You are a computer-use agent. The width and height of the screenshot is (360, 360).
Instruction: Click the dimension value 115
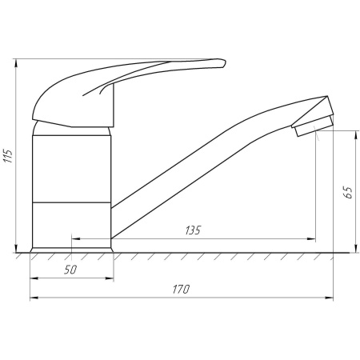[8, 156]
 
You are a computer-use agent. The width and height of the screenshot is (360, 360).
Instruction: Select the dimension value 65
[348, 192]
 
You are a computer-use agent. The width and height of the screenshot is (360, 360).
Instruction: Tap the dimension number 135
[193, 230]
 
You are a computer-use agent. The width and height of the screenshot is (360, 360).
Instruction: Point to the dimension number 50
[70, 270]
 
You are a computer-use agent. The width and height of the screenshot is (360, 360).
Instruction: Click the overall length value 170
[181, 290]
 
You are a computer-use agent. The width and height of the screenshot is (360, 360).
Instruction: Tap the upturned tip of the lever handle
[223, 62]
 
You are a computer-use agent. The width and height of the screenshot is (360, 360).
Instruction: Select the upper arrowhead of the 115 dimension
[16, 63]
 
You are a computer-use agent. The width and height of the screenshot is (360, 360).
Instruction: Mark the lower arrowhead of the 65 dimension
[356, 248]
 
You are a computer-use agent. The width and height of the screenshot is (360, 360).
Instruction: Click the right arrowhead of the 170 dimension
[329, 298]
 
